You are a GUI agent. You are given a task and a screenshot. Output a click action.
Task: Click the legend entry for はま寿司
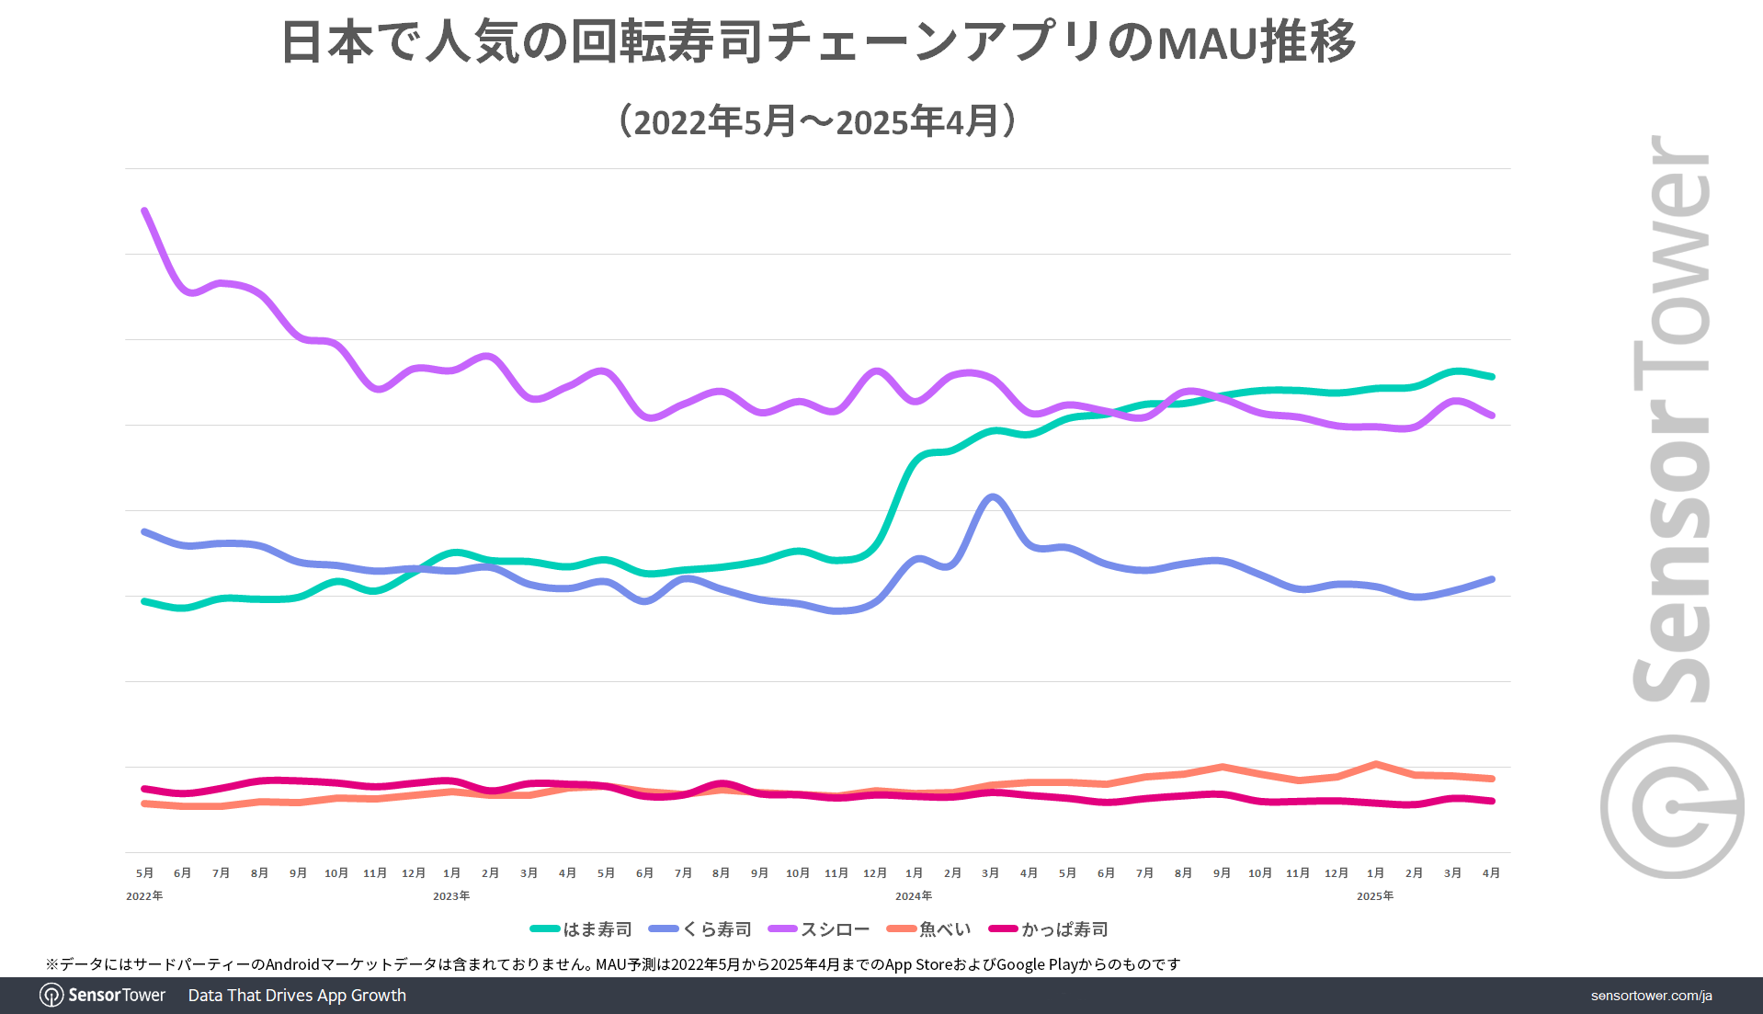coord(582,929)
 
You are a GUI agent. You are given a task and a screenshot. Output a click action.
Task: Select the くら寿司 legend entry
coord(700,929)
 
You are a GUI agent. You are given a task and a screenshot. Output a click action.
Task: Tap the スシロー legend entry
coord(819,929)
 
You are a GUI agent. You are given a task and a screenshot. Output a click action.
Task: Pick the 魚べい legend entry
coord(929,929)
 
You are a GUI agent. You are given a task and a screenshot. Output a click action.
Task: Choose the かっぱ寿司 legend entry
coord(1049,929)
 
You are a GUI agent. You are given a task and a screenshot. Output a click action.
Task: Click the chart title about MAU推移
coord(818,42)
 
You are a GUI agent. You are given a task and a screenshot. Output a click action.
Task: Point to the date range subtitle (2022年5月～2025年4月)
coord(818,121)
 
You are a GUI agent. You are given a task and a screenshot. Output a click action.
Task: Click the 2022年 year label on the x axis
coord(144,895)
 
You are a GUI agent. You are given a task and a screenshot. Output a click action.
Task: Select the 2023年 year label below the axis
coord(451,895)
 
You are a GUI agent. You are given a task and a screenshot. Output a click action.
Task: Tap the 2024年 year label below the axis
coord(914,895)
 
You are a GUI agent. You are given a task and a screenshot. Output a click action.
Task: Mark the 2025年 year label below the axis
coord(1375,895)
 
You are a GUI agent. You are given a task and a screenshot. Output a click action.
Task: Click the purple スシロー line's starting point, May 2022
coord(144,211)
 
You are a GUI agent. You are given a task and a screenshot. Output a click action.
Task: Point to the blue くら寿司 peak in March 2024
coord(992,496)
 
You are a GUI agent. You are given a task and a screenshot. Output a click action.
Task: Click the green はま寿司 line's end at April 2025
coord(1492,376)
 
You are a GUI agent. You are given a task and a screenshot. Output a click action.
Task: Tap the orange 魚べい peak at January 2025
coord(1375,764)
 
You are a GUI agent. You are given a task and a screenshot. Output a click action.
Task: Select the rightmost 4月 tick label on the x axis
coord(1491,872)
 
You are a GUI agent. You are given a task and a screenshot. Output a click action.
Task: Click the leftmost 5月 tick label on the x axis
coord(144,872)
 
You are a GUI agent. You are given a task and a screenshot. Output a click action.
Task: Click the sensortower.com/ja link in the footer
coord(1651,996)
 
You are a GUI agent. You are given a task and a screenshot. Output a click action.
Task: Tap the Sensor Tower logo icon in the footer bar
coord(51,996)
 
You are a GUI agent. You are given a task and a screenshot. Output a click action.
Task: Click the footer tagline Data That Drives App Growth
coord(297,996)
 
